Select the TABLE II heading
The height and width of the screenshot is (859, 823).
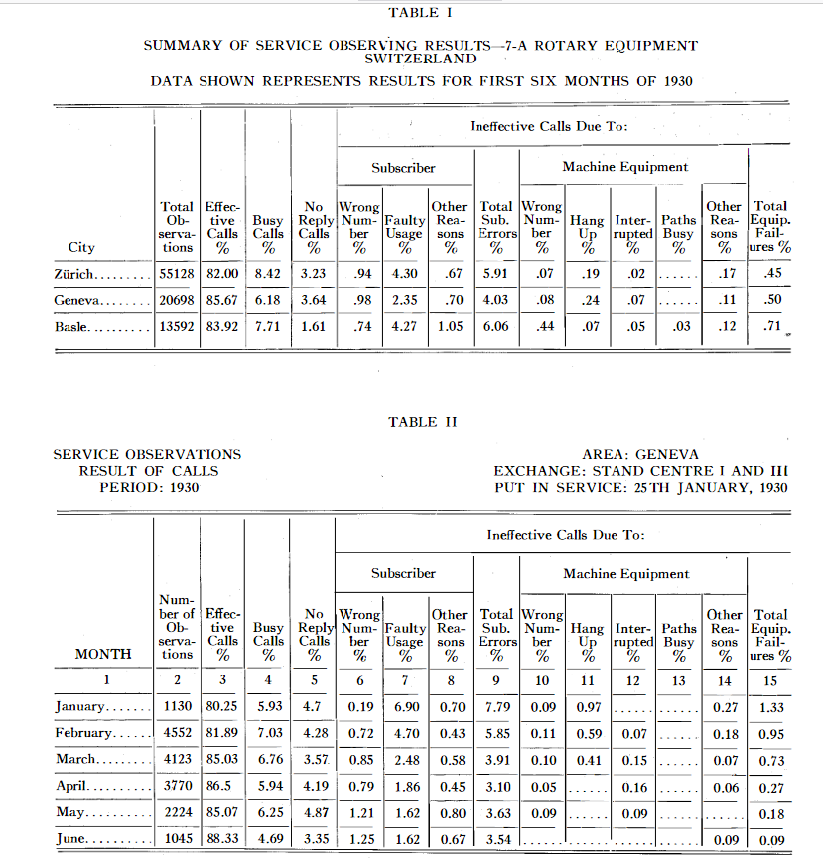423,422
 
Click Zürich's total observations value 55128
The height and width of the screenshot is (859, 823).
177,272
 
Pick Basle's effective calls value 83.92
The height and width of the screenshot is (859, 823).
221,326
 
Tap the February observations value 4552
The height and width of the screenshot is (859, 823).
177,732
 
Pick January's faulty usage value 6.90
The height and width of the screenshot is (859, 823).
405,706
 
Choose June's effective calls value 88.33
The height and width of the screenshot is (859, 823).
222,840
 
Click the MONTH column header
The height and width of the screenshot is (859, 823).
104,654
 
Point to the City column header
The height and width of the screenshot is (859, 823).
81,247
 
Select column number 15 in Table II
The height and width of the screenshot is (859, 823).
769,679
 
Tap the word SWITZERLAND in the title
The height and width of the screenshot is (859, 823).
421,59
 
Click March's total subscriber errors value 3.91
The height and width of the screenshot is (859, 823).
495,759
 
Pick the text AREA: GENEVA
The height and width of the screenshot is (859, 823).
639,455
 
